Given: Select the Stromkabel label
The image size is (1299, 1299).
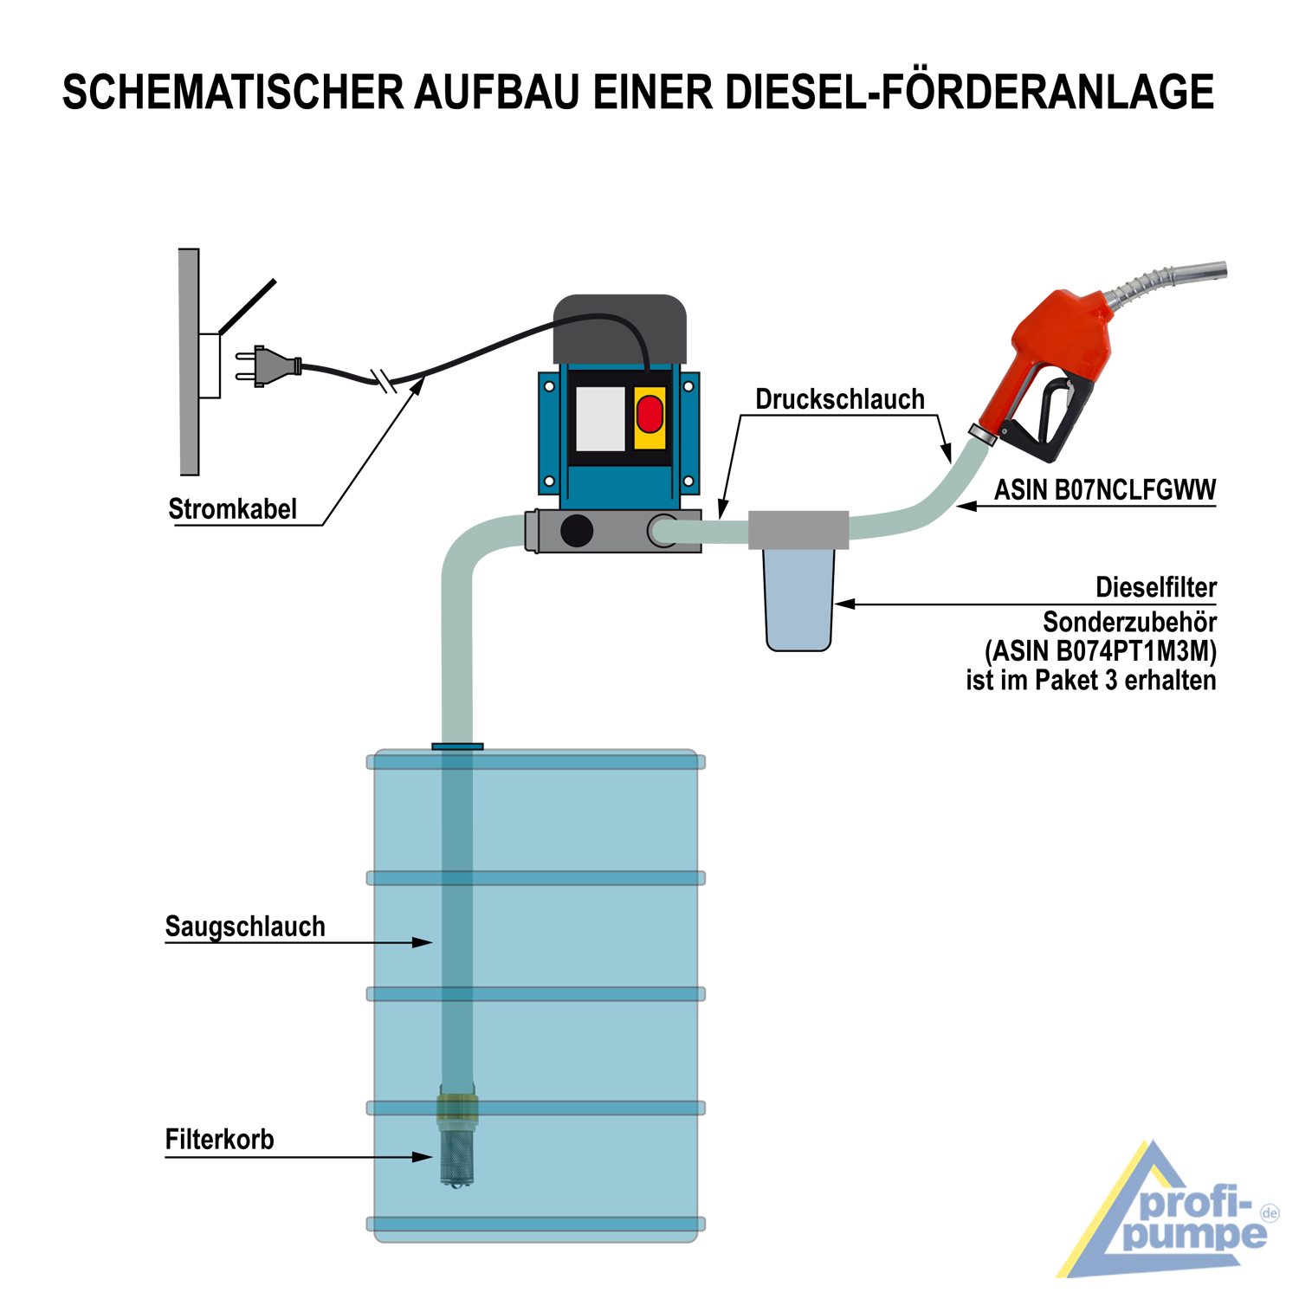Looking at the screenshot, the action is (233, 509).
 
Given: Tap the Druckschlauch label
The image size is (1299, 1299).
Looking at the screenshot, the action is (840, 399).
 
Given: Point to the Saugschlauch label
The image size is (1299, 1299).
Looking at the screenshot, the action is (245, 927).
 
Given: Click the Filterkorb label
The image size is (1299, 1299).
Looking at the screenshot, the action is (220, 1140).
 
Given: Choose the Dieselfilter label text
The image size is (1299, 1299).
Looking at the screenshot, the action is (1156, 587).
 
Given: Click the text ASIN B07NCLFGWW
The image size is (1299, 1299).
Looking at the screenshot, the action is (1105, 490).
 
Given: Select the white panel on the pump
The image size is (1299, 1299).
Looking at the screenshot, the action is (600, 418).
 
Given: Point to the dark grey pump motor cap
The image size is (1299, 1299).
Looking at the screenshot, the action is (620, 329).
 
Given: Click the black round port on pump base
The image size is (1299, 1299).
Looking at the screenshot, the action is (577, 531).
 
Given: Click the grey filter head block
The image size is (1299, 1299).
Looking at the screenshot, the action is (798, 529).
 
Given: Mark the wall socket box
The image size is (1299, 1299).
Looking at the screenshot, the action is (209, 366).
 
